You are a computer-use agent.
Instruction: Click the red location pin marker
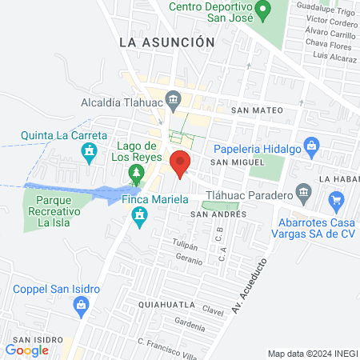click(180, 162)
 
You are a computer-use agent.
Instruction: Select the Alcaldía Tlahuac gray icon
click(163, 102)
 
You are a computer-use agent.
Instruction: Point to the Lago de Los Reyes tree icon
click(137, 173)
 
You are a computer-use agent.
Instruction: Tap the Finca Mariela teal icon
click(142, 216)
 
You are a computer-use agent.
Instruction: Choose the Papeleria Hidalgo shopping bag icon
click(313, 146)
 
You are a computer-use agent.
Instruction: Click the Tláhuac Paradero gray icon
click(302, 192)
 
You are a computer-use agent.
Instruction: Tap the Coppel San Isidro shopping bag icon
click(80, 304)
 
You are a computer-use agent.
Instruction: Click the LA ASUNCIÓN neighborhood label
click(166, 42)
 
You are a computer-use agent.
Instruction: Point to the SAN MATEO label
click(253, 110)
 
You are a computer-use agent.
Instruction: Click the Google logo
click(27, 350)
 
